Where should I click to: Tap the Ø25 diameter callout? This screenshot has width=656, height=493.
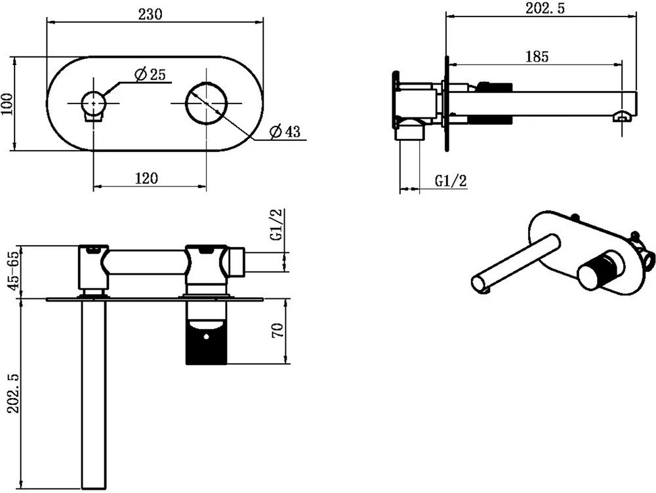click(150, 75)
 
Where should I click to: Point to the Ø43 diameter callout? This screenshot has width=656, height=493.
click(284, 132)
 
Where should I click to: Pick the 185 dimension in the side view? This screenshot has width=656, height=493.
click(536, 56)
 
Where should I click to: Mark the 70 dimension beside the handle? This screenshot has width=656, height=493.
click(277, 330)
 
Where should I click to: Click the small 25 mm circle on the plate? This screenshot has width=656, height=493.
click(93, 104)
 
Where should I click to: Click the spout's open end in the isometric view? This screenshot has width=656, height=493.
click(480, 285)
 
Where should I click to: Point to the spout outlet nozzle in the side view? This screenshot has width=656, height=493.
click(621, 117)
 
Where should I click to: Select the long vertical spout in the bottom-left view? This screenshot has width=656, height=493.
click(92, 393)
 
